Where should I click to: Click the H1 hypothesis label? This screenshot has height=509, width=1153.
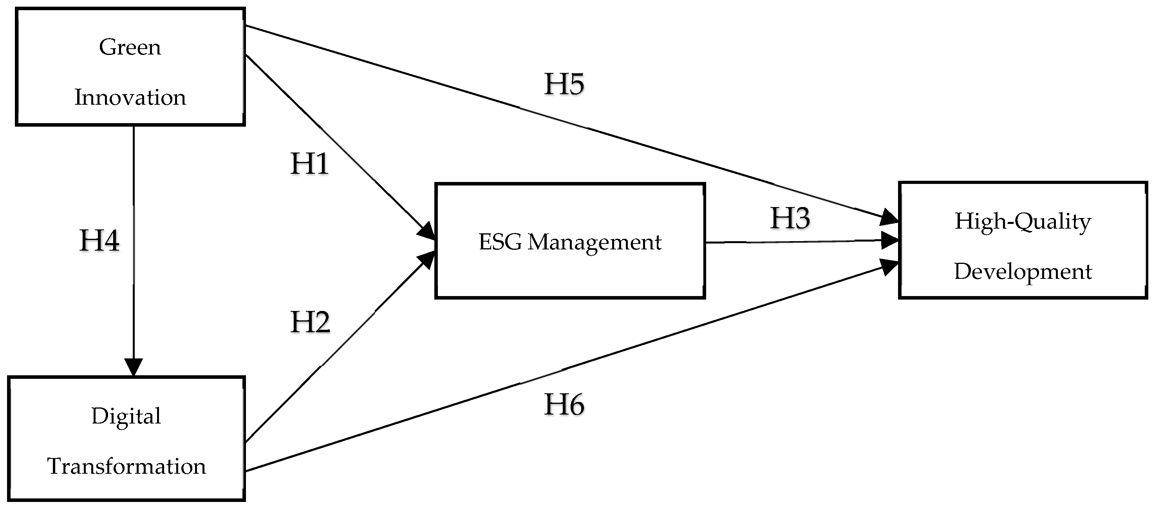click(x=310, y=164)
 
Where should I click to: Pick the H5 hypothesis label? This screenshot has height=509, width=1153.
click(x=564, y=84)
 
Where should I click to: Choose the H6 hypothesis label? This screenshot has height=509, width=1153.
click(x=564, y=404)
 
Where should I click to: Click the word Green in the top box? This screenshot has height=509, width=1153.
click(x=130, y=47)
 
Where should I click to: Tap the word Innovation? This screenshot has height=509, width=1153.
click(x=130, y=97)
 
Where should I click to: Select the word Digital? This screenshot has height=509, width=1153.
click(x=126, y=416)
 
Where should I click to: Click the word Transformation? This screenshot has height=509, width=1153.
click(x=127, y=466)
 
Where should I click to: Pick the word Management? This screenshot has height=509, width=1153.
click(x=595, y=242)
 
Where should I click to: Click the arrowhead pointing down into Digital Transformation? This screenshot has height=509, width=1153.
click(x=134, y=367)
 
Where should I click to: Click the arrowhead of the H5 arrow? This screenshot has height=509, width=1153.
click(x=889, y=218)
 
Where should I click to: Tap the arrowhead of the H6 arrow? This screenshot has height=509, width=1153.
click(x=889, y=267)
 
